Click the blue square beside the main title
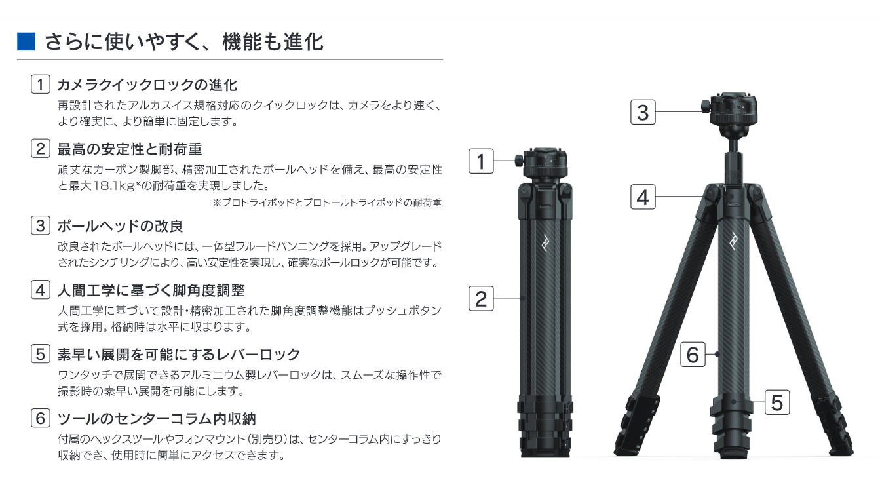pyautogui.click(x=26, y=42)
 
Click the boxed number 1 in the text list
pyautogui.click(x=41, y=84)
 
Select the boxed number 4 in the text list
pyautogui.click(x=41, y=290)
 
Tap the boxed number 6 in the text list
pyautogui.click(x=41, y=418)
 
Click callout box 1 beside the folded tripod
pyautogui.click(x=481, y=161)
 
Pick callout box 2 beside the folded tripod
pyautogui.click(x=481, y=299)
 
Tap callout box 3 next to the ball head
pyautogui.click(x=643, y=112)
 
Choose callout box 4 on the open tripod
pyautogui.click(x=643, y=197)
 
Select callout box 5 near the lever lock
pyautogui.click(x=777, y=402)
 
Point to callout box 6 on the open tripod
pyautogui.click(x=693, y=355)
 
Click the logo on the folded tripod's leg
pyautogui.click(x=546, y=243)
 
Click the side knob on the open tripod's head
pyautogui.click(x=706, y=106)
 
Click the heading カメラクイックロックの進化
pyautogui.click(x=147, y=85)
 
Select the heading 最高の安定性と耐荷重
pyautogui.click(x=130, y=149)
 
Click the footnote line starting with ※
pyautogui.click(x=327, y=203)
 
